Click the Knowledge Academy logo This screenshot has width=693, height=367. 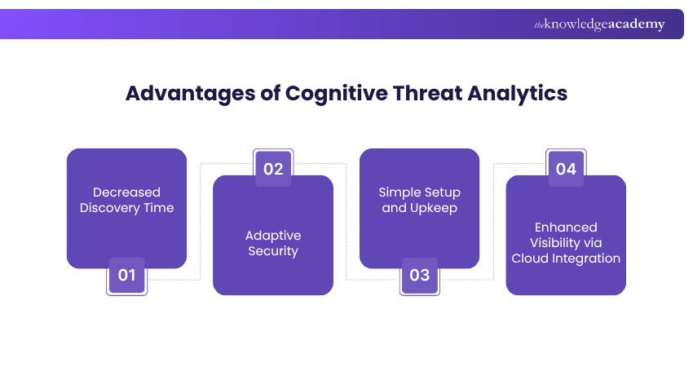[x=599, y=24]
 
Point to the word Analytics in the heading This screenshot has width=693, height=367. [x=518, y=93]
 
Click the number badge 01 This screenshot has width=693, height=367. [x=126, y=276]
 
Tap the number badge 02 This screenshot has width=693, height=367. [x=273, y=169]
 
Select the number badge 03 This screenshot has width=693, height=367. [x=419, y=276]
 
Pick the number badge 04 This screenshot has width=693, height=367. [x=566, y=169]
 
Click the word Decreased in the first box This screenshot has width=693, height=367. [x=126, y=192]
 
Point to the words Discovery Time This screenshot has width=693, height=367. [x=126, y=208]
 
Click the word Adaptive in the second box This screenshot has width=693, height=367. [x=273, y=236]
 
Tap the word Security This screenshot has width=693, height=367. [x=273, y=251]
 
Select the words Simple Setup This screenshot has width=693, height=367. [x=419, y=192]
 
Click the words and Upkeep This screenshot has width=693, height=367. [x=419, y=208]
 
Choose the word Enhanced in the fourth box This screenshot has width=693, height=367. [x=566, y=228]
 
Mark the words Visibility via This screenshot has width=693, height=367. [x=566, y=243]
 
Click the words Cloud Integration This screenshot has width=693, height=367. [x=566, y=259]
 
